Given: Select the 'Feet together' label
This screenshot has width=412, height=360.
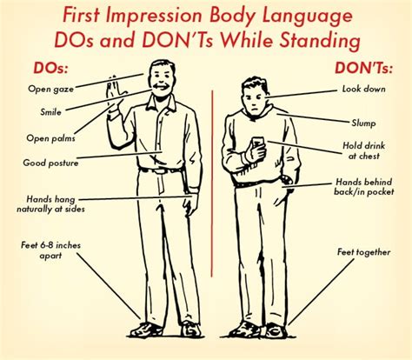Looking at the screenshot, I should (362, 252).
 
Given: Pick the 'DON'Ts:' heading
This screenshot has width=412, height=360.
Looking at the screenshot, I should (359, 66).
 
